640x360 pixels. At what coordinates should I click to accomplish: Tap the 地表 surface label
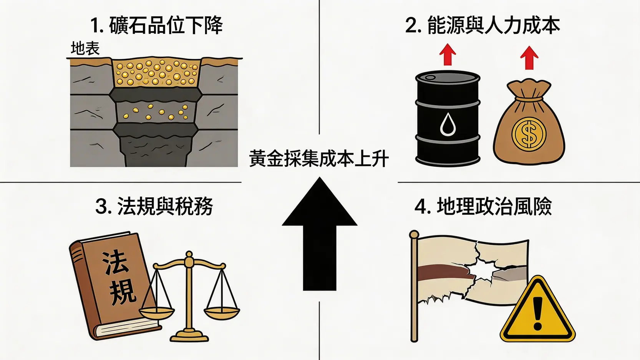tap(85, 49)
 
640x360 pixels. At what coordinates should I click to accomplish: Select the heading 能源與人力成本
tap(482, 25)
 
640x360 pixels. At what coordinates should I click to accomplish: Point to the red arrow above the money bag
tap(529, 57)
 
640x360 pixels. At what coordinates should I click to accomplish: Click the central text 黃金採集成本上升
tap(319, 159)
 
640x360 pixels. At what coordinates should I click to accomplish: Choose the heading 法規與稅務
tap(154, 206)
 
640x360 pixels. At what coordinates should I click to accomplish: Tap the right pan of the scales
tap(222, 312)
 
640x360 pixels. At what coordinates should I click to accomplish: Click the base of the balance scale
tap(189, 337)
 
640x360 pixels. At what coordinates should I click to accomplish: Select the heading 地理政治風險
tap(483, 206)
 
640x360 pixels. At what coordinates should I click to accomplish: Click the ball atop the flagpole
tap(414, 234)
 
